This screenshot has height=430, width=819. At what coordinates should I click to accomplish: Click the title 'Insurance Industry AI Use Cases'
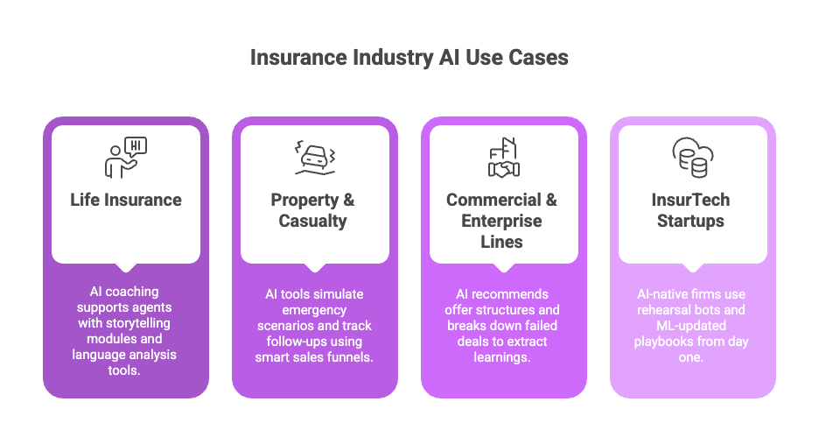tap(409, 58)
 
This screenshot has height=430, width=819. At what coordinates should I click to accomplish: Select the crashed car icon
tap(314, 158)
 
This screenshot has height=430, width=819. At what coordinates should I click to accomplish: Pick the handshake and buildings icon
tap(503, 158)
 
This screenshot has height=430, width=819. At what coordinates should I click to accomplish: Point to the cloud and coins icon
tap(692, 158)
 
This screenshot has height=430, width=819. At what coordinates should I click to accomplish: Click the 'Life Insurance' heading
tap(126, 200)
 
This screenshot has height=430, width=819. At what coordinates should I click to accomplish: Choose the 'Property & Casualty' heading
tap(313, 210)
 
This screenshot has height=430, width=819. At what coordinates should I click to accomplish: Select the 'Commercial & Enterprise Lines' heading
tap(502, 220)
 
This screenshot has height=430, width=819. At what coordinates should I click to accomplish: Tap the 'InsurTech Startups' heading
tap(691, 210)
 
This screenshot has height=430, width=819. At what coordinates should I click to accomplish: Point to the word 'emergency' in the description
tap(312, 310)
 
